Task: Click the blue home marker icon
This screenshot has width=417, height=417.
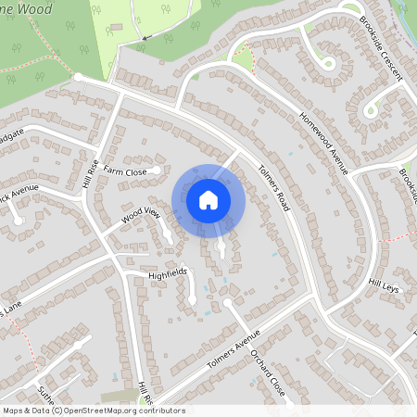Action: point(208,200)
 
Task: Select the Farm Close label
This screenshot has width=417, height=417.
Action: point(125,171)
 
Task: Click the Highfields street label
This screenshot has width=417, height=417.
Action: point(168,274)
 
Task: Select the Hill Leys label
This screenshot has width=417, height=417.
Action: point(384,288)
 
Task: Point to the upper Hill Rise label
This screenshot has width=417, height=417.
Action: point(94,171)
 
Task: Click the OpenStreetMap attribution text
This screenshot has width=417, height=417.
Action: point(94,410)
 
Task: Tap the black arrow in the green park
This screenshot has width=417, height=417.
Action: point(147,37)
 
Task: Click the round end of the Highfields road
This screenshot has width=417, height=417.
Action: point(193,300)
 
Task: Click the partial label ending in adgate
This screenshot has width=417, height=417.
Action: point(11,135)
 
